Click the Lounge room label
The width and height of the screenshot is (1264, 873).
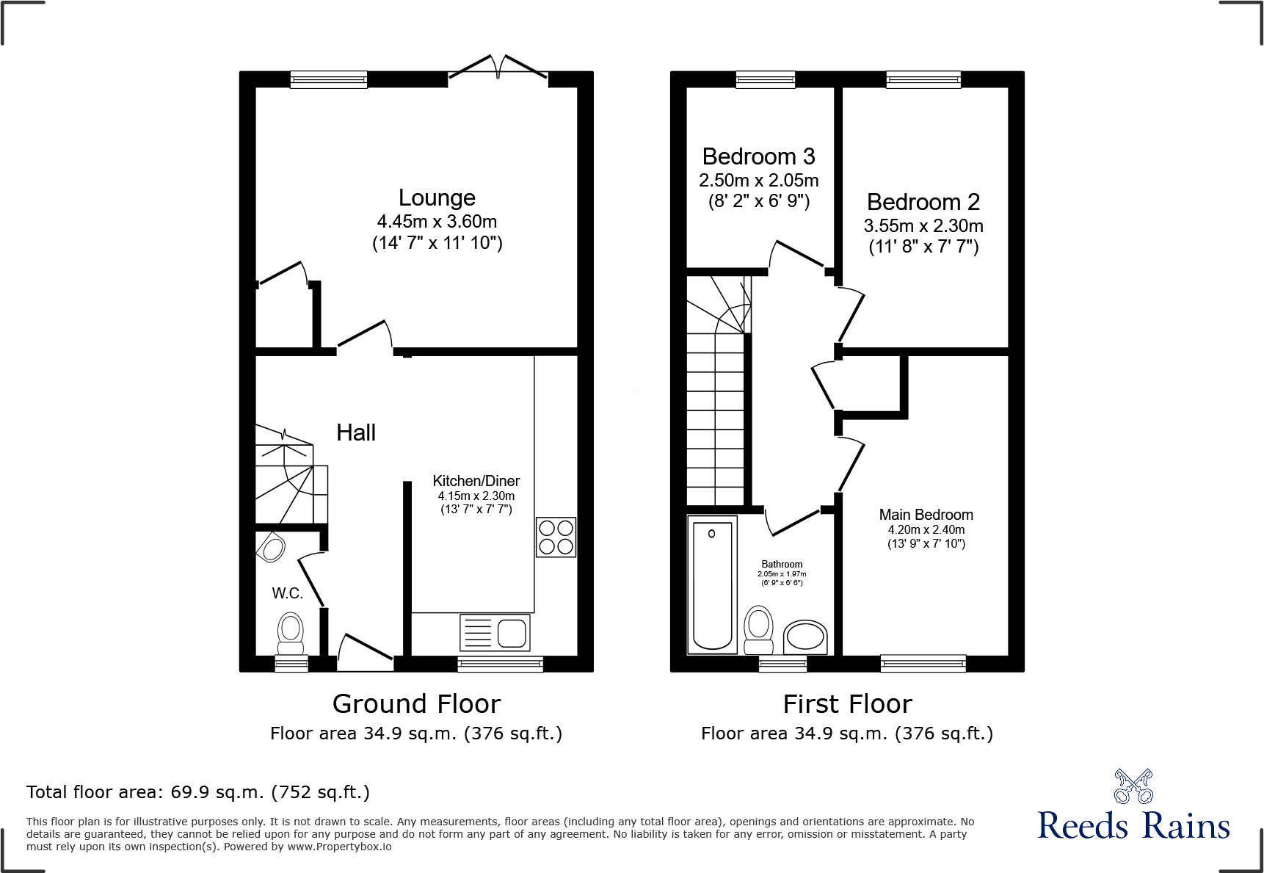(437, 198)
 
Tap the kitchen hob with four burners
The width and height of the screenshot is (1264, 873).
(556, 537)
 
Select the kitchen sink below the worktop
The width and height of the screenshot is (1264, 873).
(495, 633)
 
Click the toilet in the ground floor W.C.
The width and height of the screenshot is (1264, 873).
(291, 634)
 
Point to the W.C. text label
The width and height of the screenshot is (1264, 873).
(287, 593)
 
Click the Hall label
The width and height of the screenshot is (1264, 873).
(356, 432)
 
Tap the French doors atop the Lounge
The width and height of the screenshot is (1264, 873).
(498, 68)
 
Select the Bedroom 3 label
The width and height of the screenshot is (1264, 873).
(758, 156)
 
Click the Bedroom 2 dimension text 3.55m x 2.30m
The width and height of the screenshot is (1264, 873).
(923, 226)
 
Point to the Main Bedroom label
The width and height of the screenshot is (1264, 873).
(926, 515)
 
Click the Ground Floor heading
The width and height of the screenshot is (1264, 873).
(416, 704)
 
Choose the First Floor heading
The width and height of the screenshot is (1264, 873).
(847, 704)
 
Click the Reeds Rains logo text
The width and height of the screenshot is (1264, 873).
(1133, 826)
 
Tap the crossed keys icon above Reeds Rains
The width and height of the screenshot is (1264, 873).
(1133, 786)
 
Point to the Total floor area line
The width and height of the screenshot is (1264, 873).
(198, 792)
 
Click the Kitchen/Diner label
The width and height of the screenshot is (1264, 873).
(476, 481)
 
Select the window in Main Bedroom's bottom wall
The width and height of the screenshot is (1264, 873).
(923, 664)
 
